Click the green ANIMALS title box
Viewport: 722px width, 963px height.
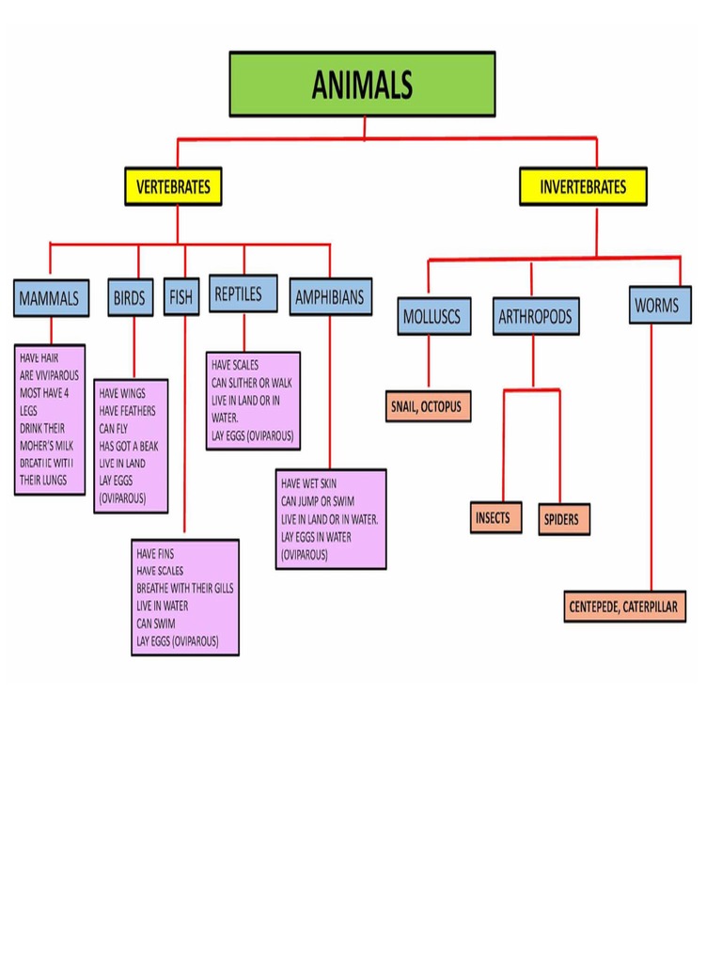pos(362,85)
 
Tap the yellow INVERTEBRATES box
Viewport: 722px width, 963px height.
pos(583,186)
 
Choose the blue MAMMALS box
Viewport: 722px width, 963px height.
pos(52,298)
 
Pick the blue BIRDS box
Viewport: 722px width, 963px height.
pos(130,298)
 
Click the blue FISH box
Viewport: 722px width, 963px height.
pos(180,298)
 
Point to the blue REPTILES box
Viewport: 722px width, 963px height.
pos(243,294)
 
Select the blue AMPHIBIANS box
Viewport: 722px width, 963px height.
pos(329,298)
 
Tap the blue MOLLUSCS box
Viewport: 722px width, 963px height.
pos(432,317)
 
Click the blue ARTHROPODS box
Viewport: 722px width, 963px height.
pos(535,317)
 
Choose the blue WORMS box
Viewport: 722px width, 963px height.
pos(660,306)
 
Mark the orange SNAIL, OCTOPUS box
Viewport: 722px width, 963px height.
pos(428,406)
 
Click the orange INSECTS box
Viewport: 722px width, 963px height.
pos(494,518)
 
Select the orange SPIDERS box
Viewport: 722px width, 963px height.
pos(562,519)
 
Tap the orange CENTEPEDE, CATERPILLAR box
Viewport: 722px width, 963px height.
pos(625,607)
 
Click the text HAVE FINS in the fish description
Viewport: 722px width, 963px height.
pos(156,554)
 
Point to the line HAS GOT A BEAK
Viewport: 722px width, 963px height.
pos(128,446)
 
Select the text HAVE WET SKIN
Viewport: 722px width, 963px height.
pos(308,483)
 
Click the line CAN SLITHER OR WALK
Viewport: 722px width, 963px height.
pos(252,383)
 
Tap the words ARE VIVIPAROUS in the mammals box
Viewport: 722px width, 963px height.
pos(49,375)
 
